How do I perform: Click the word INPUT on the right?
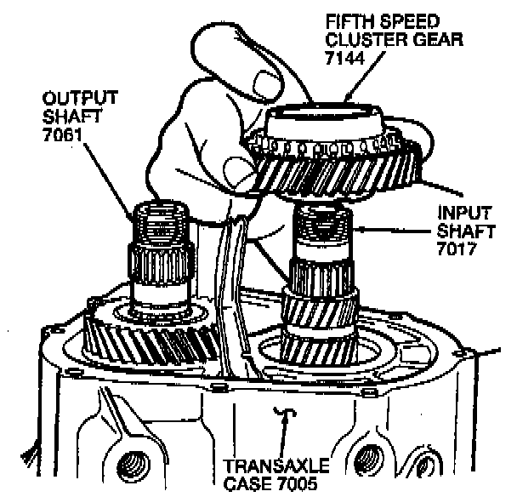coord(463,213)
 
